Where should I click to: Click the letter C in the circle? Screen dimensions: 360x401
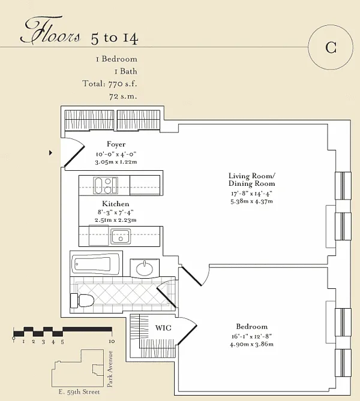pyautogui.click(x=331, y=47)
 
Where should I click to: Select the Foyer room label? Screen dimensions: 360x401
pyautogui.click(x=116, y=144)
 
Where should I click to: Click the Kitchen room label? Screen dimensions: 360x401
pyautogui.click(x=116, y=204)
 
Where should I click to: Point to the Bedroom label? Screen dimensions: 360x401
pyautogui.click(x=251, y=327)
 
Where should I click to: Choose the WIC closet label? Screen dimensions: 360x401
pyautogui.click(x=163, y=328)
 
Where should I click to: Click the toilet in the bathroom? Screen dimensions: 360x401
pyautogui.click(x=82, y=300)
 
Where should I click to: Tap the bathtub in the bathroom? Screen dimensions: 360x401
pyautogui.click(x=96, y=263)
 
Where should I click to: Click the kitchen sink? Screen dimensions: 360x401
pyautogui.click(x=121, y=237)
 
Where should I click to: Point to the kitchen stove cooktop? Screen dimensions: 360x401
pyautogui.click(x=106, y=185)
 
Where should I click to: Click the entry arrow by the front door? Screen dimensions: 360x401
pyautogui.click(x=50, y=153)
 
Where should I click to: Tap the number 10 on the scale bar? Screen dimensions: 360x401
pyautogui.click(x=112, y=342)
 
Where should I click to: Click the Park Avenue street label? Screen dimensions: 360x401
pyautogui.click(x=110, y=369)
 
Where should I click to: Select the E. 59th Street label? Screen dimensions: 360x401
pyautogui.click(x=79, y=392)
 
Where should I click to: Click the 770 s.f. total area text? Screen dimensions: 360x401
pyautogui.click(x=122, y=84)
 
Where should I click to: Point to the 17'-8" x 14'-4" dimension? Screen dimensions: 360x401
pyautogui.click(x=251, y=194)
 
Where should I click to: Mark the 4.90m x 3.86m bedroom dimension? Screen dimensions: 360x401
pyautogui.click(x=251, y=344)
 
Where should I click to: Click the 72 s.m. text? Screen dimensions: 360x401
pyautogui.click(x=123, y=97)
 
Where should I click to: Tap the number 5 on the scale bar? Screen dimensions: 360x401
pyautogui.click(x=62, y=342)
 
